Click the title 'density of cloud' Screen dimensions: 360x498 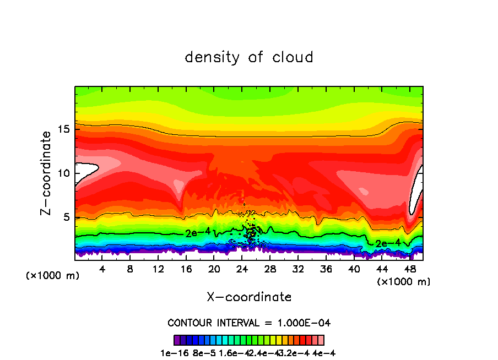pos(249,57)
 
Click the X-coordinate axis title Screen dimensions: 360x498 pos(249,297)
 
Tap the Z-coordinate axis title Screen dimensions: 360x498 pos(46,173)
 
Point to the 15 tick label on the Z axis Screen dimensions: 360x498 pos(64,129)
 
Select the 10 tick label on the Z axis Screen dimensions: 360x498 pos(64,173)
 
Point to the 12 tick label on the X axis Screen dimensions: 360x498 pos(158,269)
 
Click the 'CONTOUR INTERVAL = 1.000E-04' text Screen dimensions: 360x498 pos(249,323)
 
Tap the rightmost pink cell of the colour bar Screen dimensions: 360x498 pos(321,340)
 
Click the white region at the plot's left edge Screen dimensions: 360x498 pos(85,171)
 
